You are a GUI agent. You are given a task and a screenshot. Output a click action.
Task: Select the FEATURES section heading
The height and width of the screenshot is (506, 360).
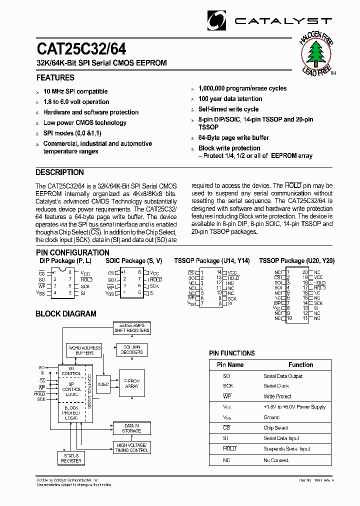click(55, 77)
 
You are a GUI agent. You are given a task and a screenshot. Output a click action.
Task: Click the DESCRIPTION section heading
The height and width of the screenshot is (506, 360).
click(59, 172)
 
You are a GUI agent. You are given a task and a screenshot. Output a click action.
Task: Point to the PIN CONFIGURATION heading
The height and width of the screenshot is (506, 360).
click(72, 252)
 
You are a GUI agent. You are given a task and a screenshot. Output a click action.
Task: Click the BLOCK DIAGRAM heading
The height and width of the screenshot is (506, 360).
click(65, 314)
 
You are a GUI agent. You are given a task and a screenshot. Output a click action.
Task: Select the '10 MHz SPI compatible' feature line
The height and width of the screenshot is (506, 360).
click(75, 91)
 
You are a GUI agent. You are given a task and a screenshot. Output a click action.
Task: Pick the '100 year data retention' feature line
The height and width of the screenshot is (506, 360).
click(230, 99)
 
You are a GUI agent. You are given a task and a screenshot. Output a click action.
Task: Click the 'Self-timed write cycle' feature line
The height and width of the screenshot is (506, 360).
click(228, 109)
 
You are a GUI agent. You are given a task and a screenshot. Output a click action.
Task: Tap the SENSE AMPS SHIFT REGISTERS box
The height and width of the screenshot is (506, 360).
click(131, 328)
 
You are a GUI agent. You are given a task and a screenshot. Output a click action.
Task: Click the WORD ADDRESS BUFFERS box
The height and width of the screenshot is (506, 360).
click(84, 350)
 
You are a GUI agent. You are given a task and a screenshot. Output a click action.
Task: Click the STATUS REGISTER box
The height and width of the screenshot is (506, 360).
click(71, 458)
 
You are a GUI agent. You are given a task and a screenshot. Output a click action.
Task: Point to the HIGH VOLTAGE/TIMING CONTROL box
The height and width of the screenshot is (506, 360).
click(132, 447)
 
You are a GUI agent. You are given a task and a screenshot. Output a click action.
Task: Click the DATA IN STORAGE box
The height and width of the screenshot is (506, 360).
click(131, 428)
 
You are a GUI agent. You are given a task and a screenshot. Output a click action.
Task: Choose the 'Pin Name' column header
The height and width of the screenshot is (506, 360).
click(230, 365)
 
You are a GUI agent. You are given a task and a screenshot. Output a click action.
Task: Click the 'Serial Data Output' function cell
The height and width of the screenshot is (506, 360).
click(283, 376)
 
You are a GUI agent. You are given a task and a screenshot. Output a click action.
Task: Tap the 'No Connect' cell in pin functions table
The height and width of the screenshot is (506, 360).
click(276, 460)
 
